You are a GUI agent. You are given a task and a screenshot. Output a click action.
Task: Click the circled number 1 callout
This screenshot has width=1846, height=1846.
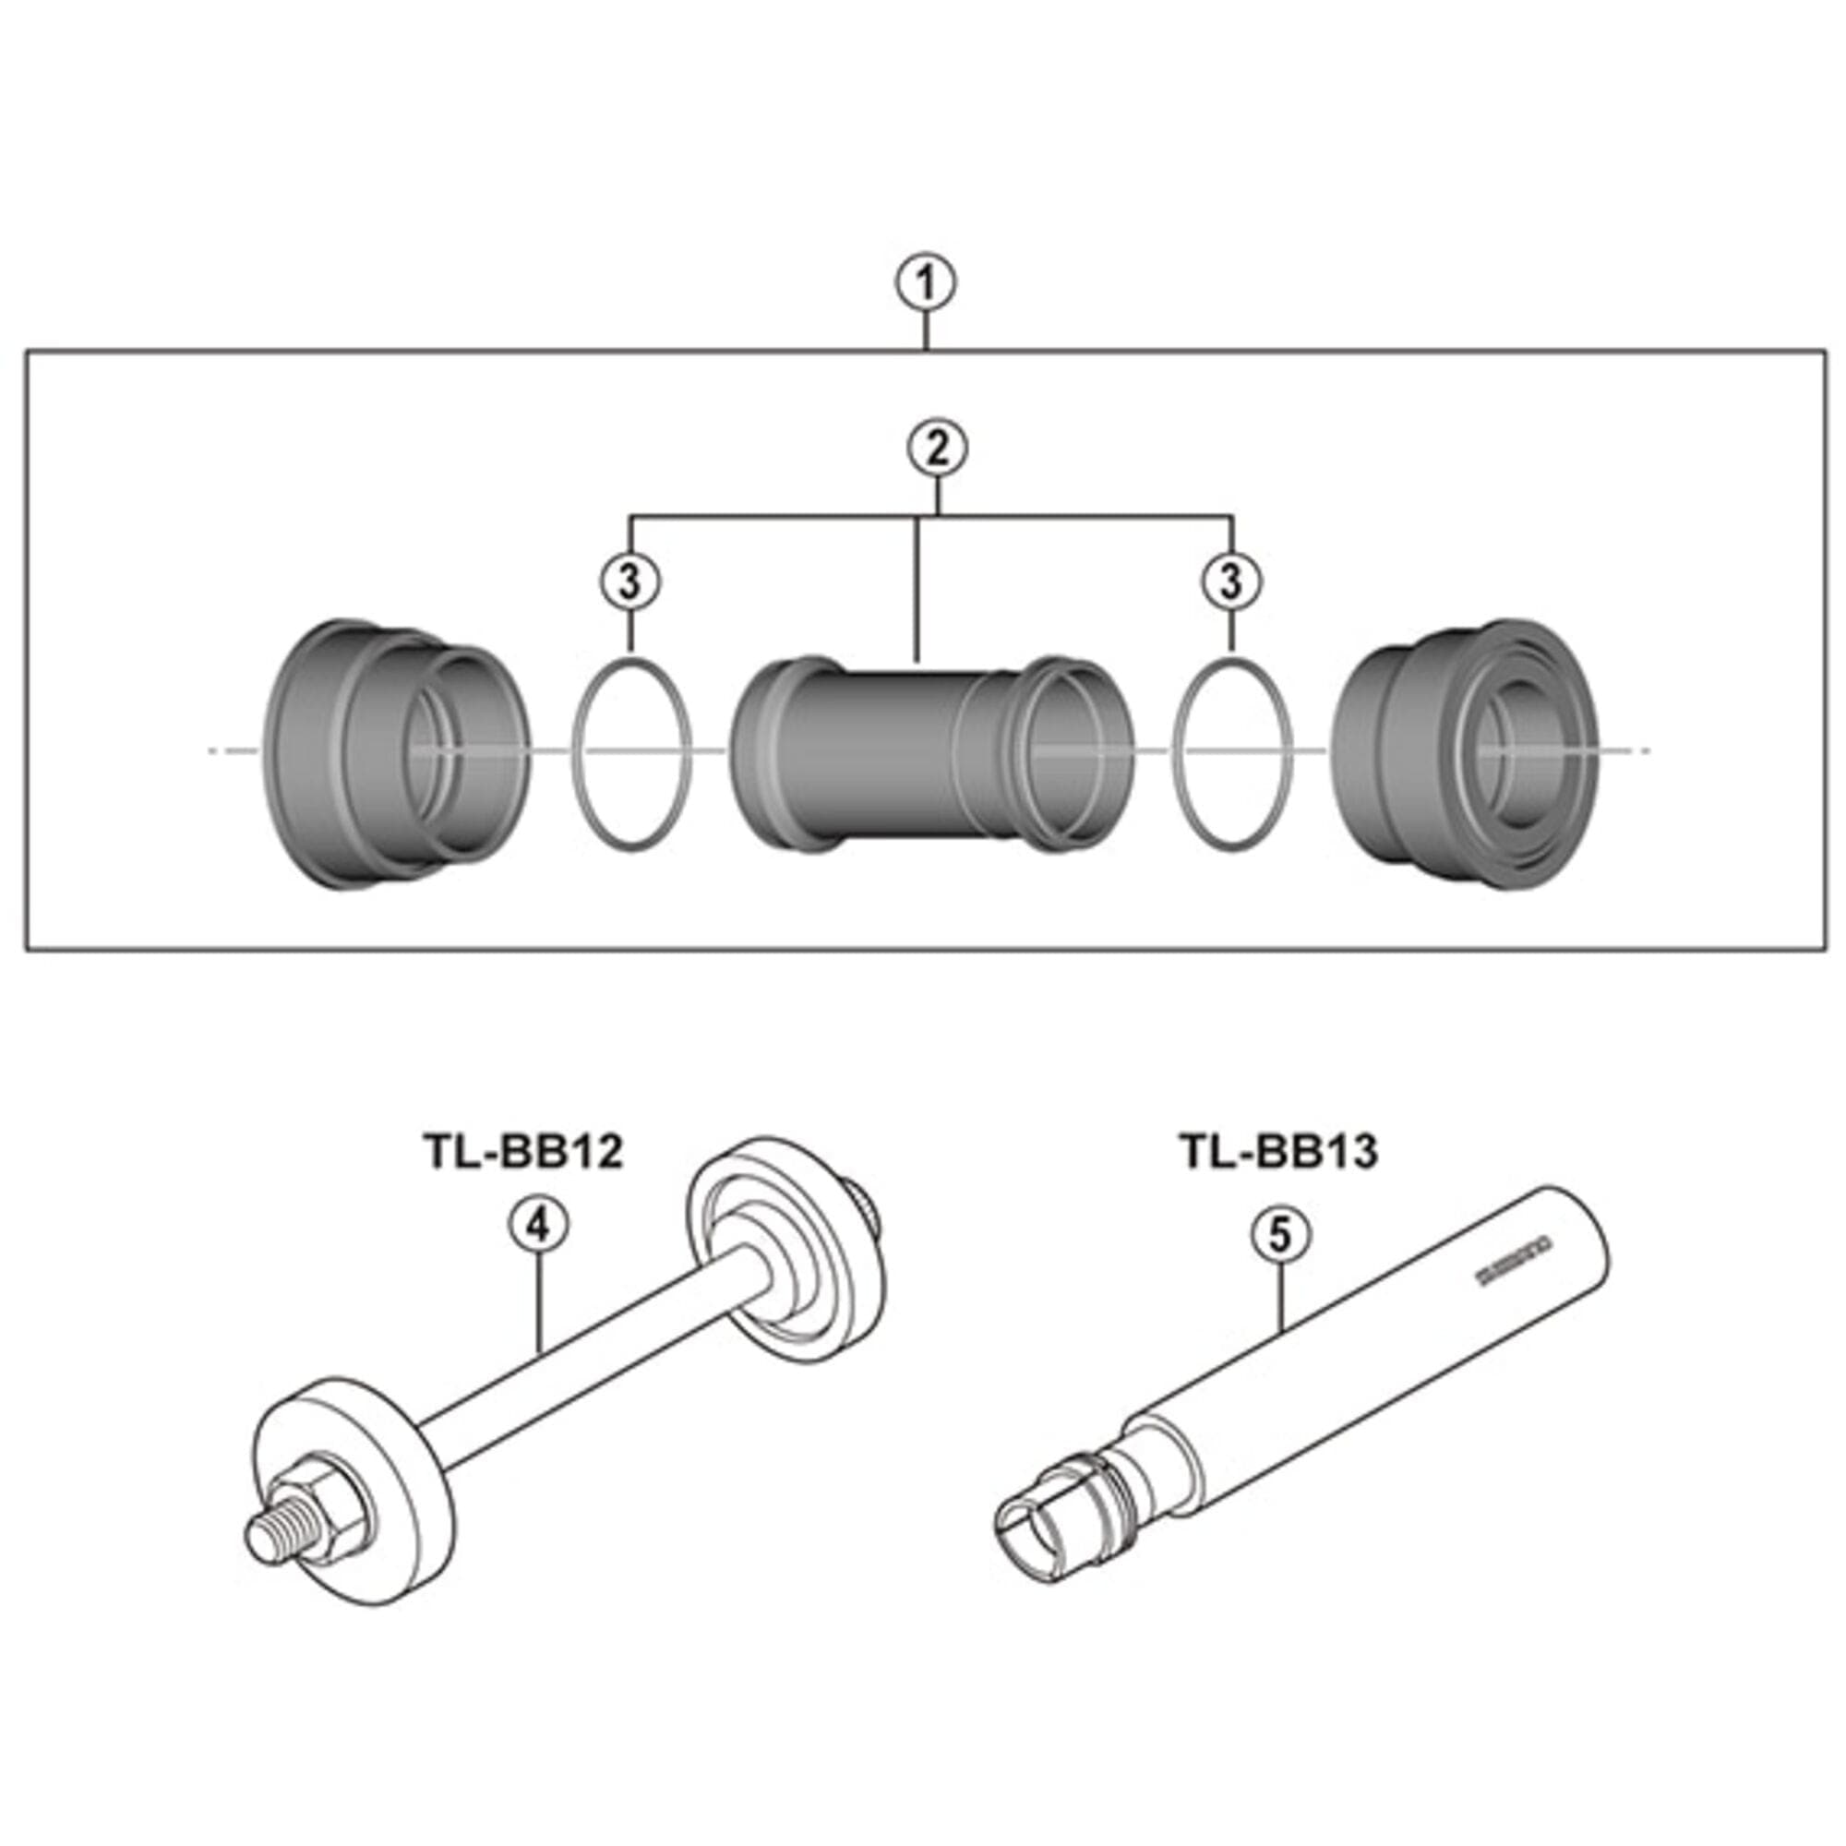925,283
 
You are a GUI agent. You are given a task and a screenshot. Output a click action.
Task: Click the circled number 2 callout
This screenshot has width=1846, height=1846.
936,449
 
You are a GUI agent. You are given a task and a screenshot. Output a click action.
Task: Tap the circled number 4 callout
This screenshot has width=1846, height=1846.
538,1225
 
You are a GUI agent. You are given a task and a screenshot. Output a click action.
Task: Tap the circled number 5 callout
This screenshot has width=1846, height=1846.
1279,1234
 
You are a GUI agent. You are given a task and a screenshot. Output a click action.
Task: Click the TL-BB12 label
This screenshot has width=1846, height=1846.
522,1150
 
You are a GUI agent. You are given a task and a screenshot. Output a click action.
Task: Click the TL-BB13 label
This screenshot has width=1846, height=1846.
1278,1150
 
